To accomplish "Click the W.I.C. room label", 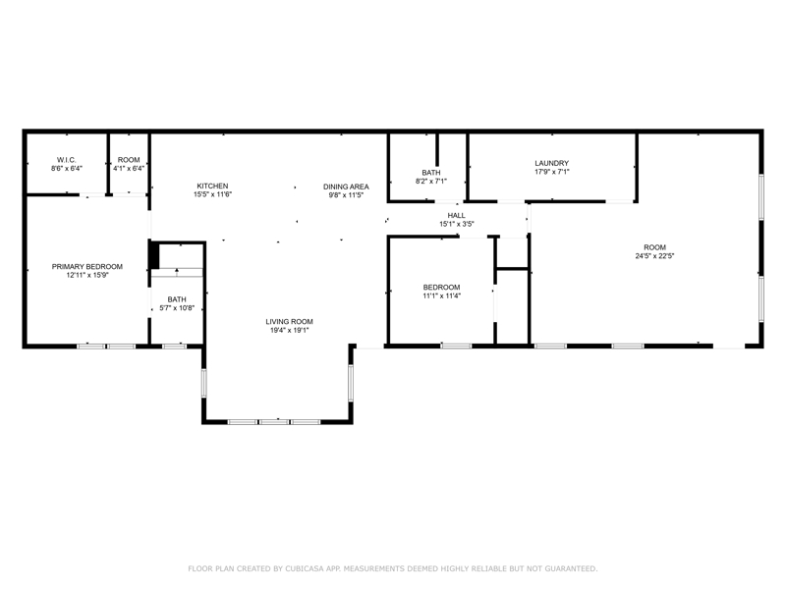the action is coord(66,160).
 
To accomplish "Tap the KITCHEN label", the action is coord(212,186).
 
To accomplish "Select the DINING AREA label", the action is coord(346,187).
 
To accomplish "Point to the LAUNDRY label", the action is coord(551,163).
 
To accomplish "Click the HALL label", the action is coord(456,215).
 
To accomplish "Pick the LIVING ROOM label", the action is coord(289,322).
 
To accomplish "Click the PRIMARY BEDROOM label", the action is coord(87,266).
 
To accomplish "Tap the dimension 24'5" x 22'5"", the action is coord(654,256).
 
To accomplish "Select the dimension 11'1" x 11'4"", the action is coord(441,296).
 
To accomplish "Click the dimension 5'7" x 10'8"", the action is coord(177,308).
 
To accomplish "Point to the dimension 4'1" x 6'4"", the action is coord(129,168).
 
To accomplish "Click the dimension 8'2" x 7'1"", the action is coord(431,182).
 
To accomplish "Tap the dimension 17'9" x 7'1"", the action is coord(551,172).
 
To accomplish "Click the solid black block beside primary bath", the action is coord(154,255).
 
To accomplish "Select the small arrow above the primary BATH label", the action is coord(177,272).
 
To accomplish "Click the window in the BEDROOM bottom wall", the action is coord(456,346).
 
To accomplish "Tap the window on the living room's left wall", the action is coord(204,383).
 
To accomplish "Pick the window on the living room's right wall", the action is coord(351,383).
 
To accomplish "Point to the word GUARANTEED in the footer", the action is coord(571,568).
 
